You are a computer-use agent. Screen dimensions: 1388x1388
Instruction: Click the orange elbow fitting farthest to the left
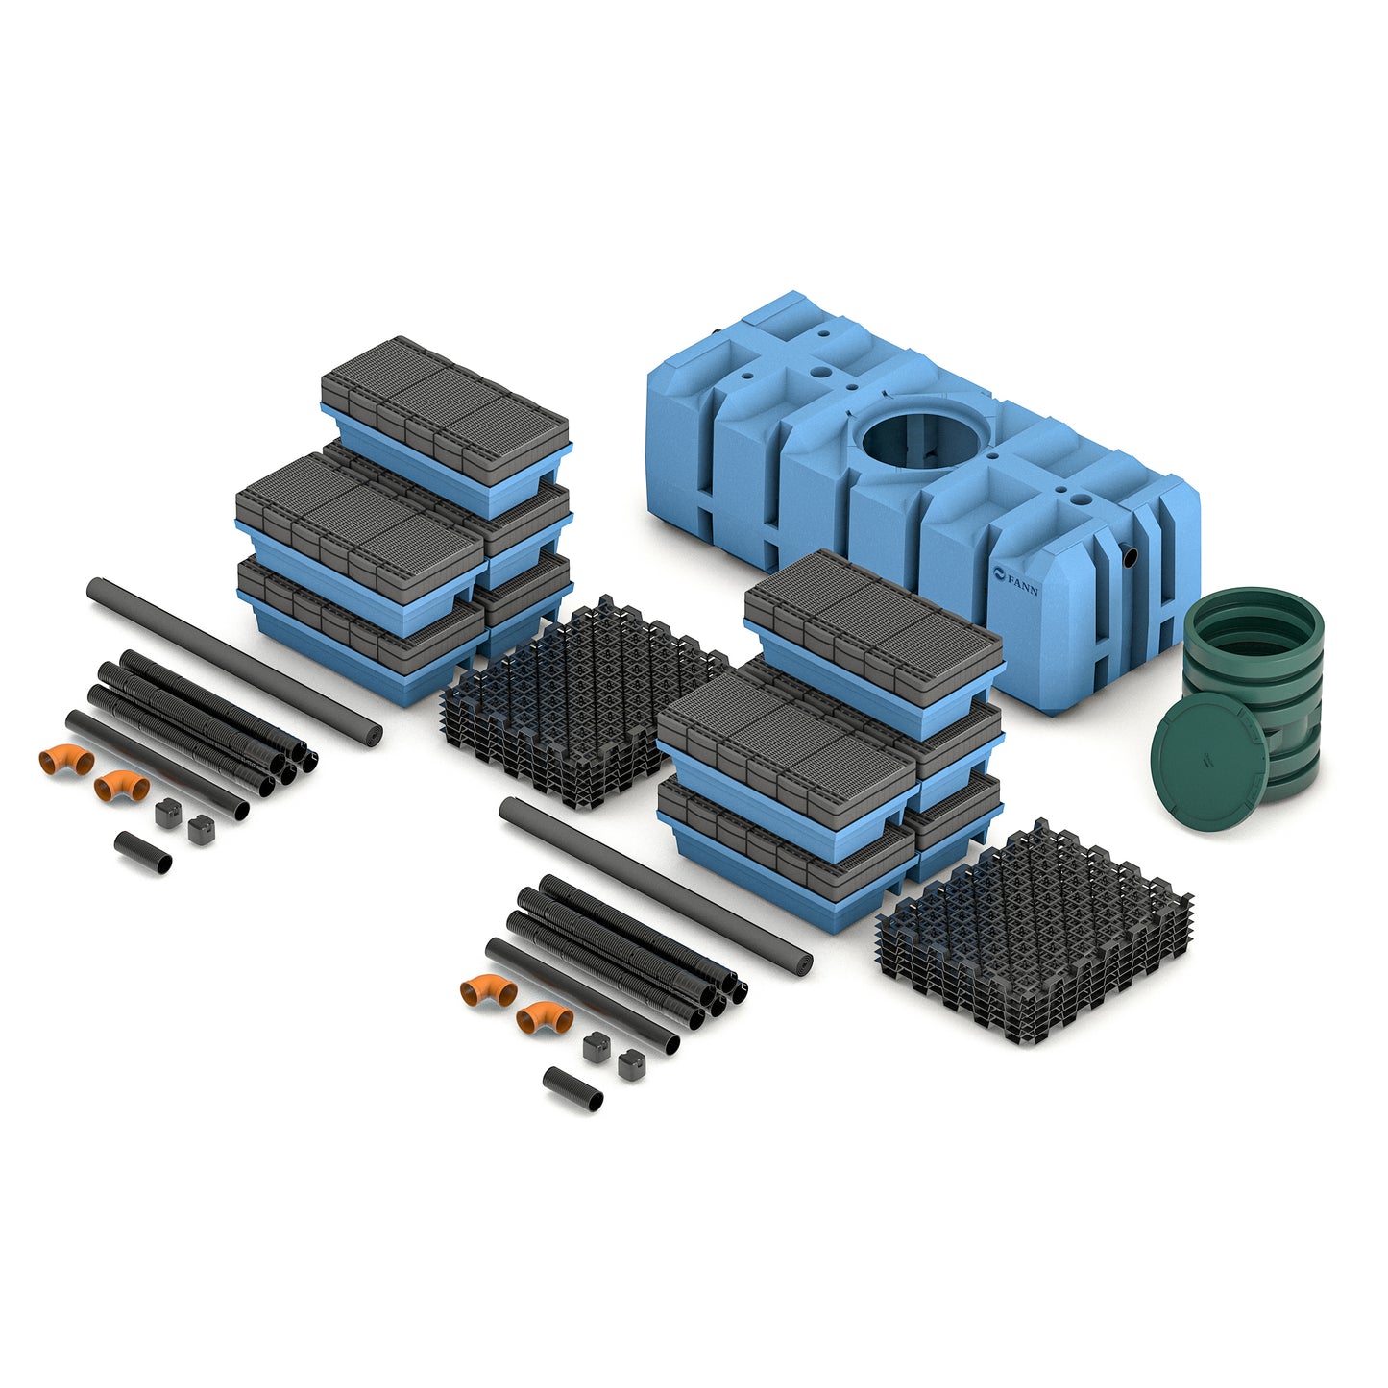[x=66, y=759]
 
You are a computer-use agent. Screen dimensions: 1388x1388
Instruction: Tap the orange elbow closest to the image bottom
[x=545, y=1016]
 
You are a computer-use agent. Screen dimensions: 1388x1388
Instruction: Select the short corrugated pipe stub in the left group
[x=142, y=852]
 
